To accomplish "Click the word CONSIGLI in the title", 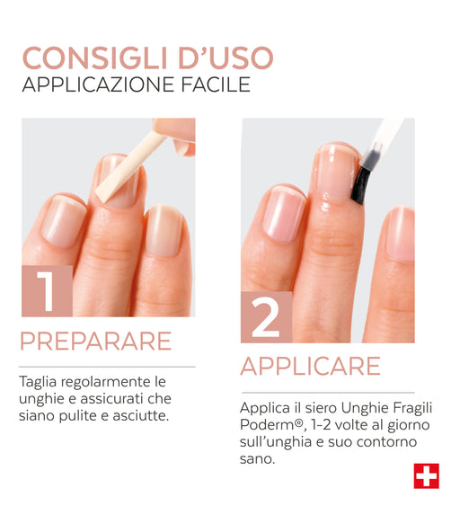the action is (x=94, y=58).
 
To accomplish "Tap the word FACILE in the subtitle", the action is (x=216, y=84).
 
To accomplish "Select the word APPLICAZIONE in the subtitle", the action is (x=99, y=84).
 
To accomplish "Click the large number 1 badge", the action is (x=47, y=291).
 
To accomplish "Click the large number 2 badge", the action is (x=267, y=317).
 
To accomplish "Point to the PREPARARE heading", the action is (x=95, y=341).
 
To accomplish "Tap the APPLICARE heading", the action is (x=311, y=366).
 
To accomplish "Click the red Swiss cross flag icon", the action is (x=427, y=476).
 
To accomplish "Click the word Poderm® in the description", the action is (x=272, y=425).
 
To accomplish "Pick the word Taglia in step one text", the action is (x=38, y=383).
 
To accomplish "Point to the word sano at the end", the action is (x=257, y=459).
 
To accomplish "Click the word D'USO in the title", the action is (x=226, y=58).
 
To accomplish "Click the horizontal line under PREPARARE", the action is (x=107, y=367).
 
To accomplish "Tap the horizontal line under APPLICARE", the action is (x=328, y=393).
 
